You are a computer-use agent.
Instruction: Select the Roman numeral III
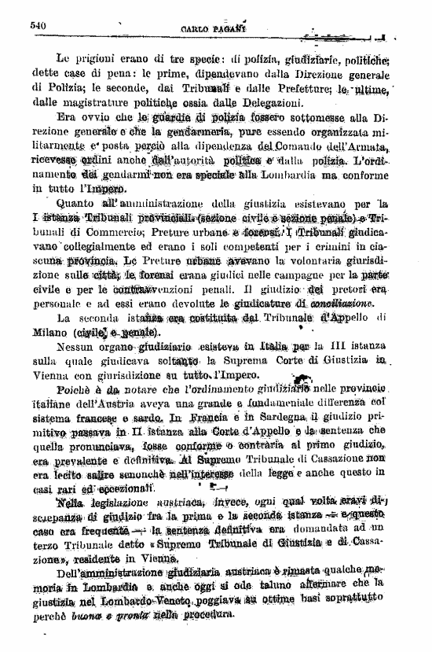coord(340,348)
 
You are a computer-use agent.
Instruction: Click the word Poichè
coord(76,391)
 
